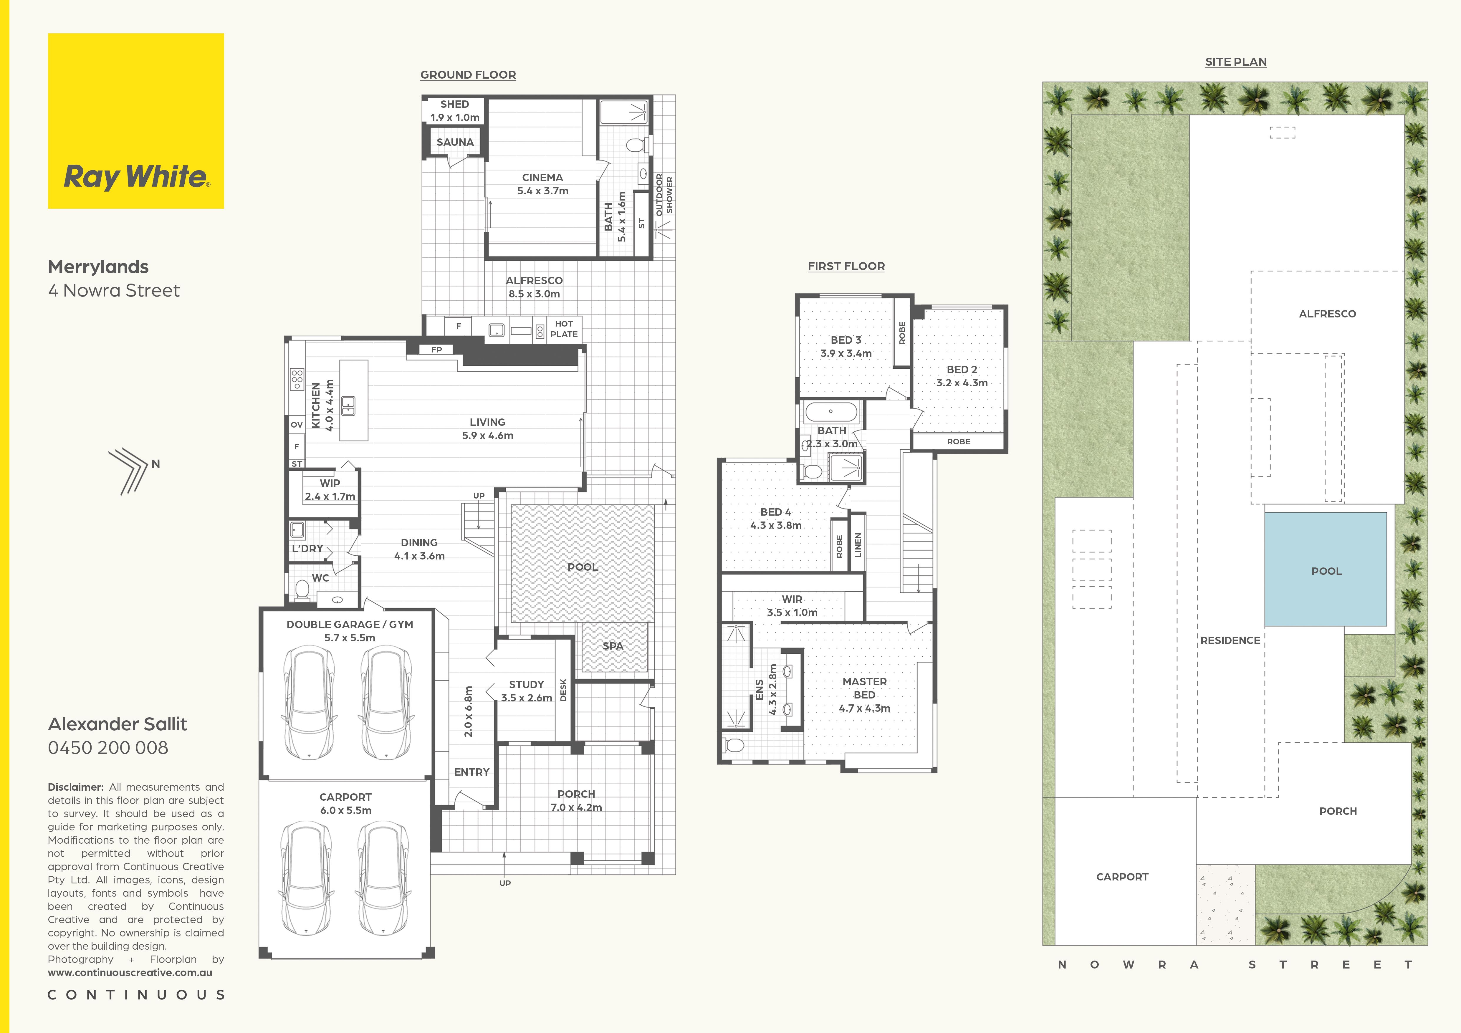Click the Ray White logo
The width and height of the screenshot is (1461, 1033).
[x=135, y=121]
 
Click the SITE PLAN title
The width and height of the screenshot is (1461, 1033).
[x=1236, y=62]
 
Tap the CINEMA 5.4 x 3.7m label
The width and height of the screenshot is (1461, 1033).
[x=542, y=184]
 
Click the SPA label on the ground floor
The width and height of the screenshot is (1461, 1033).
[x=613, y=645]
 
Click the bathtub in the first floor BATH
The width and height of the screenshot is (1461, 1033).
[x=830, y=412]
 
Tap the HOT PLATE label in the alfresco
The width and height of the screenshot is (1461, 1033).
[x=564, y=329]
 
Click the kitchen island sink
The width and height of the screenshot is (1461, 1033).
[x=348, y=406]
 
